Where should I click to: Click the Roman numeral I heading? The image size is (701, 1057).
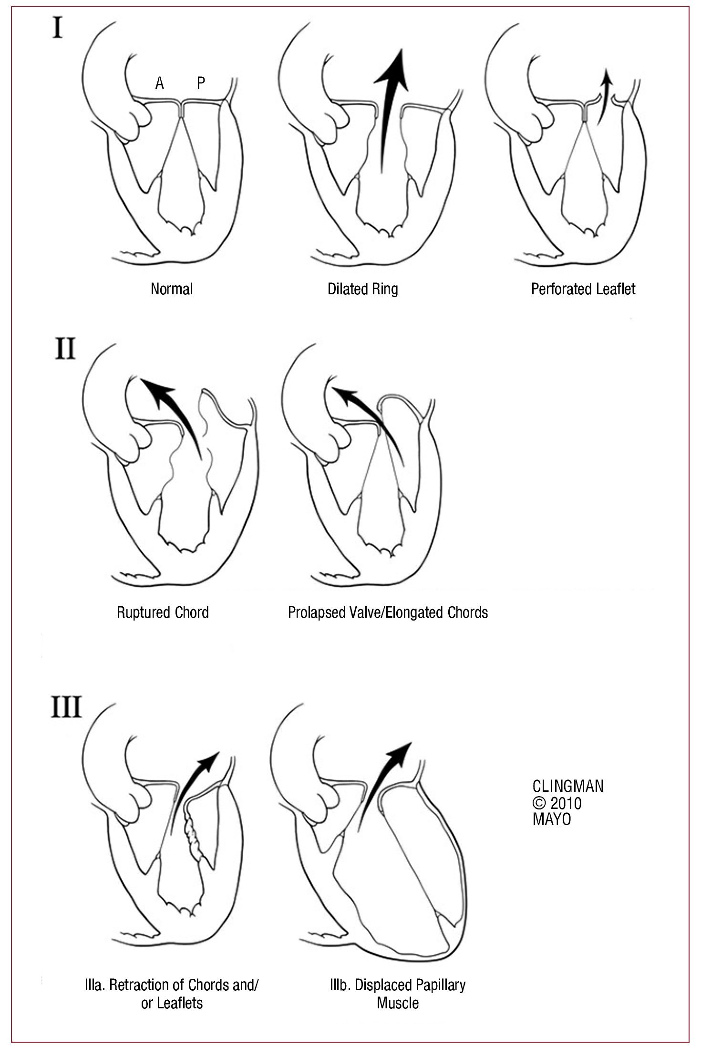[57, 29]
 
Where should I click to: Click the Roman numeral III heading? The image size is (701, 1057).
[66, 707]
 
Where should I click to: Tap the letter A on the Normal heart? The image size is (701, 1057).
[159, 83]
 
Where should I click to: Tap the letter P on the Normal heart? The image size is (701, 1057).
[201, 83]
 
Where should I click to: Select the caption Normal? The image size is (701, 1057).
[172, 289]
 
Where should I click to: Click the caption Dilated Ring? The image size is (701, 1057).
[362, 289]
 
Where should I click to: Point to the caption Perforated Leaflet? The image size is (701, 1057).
[583, 289]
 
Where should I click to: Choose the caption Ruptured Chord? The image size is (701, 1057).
[163, 612]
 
